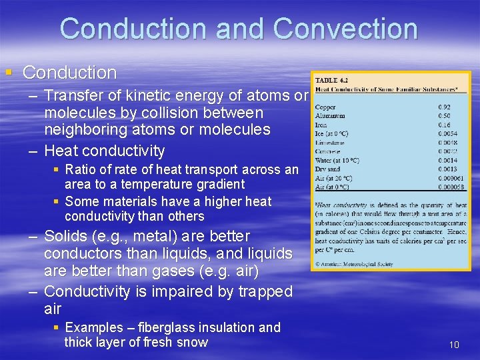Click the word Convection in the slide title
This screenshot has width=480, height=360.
coord(345,29)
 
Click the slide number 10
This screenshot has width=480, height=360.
coord(454,345)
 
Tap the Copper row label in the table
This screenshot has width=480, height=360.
coord(325,107)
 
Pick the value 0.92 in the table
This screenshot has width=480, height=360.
coord(443,107)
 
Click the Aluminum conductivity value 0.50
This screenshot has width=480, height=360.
coord(443,115)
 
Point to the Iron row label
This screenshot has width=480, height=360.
coord(321,125)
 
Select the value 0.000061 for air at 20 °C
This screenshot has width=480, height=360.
coord(450,178)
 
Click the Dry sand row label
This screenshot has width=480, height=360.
coord(329,169)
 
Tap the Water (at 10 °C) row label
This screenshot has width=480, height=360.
coord(337,160)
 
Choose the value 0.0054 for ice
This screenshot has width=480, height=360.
coord(447,133)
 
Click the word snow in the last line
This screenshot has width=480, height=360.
coord(191,343)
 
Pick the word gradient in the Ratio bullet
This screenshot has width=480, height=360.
coord(215,184)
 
